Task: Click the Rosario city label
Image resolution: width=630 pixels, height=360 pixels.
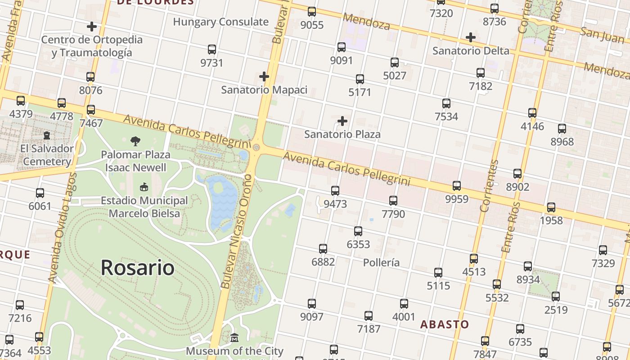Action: [137, 268]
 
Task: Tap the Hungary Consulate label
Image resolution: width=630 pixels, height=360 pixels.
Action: [220, 22]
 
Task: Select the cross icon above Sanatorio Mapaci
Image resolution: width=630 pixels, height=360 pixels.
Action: [264, 76]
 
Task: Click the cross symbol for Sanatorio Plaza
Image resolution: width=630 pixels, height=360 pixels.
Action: [342, 121]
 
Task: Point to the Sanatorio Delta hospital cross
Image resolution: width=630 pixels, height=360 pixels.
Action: [471, 37]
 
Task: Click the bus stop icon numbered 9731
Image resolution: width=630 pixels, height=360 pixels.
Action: [212, 49]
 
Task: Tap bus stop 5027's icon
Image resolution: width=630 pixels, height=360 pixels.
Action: [395, 62]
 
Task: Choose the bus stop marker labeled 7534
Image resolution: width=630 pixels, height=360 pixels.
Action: [446, 103]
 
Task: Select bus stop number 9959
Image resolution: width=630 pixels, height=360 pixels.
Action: [457, 185]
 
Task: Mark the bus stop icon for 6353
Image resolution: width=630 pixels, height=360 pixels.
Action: [358, 231]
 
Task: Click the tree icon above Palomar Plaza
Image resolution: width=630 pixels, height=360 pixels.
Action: [135, 141]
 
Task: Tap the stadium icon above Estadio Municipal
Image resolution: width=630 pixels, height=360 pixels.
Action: [144, 187]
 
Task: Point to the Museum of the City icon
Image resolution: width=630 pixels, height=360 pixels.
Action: [234, 337]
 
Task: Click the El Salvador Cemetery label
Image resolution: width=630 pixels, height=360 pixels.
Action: [47, 155]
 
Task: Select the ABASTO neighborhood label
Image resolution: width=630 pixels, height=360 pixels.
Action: [445, 324]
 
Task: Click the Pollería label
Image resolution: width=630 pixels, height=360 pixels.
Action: [381, 262]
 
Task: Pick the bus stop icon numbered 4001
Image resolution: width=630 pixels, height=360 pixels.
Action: [404, 303]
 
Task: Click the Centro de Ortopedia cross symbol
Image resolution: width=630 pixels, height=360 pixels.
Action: [92, 26]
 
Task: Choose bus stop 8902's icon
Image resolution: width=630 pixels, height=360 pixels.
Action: [517, 173]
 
